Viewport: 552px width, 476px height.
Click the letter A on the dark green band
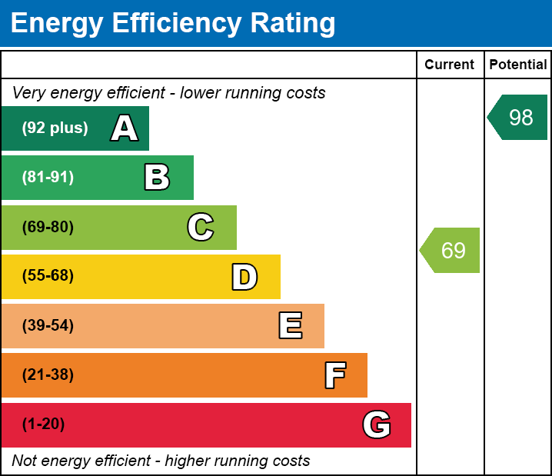(125, 128)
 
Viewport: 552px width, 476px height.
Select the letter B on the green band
(157, 178)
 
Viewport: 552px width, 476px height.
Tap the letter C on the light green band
(201, 227)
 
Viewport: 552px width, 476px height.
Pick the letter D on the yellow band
(244, 277)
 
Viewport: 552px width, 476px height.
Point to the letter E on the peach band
(290, 326)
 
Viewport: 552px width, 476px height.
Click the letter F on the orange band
(334, 375)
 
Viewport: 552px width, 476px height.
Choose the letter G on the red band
(377, 424)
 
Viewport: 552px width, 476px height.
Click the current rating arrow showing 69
(451, 250)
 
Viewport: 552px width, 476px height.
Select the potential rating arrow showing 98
(520, 118)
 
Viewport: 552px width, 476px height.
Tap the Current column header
(450, 65)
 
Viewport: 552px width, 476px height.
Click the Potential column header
(518, 65)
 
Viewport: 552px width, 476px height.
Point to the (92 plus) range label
(55, 128)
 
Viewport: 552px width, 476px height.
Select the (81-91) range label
(48, 178)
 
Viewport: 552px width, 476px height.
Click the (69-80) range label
(48, 227)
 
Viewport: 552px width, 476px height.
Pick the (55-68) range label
(48, 276)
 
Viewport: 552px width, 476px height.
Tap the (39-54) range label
(48, 326)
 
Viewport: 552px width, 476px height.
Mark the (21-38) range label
(48, 375)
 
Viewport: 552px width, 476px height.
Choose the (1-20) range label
(43, 424)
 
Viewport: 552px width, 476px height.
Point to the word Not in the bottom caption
(24, 461)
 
